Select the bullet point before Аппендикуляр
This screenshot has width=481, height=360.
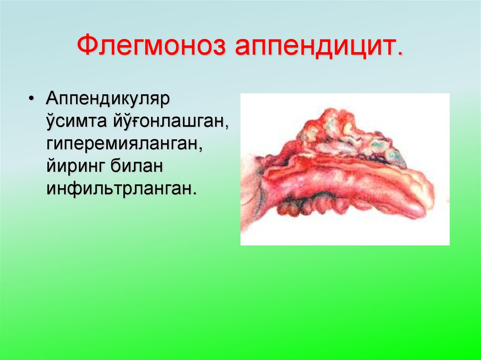[31, 100]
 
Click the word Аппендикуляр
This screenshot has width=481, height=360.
[107, 100]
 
